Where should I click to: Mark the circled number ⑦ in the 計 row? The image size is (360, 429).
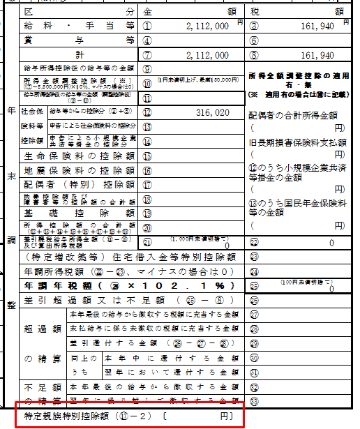[147, 54]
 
